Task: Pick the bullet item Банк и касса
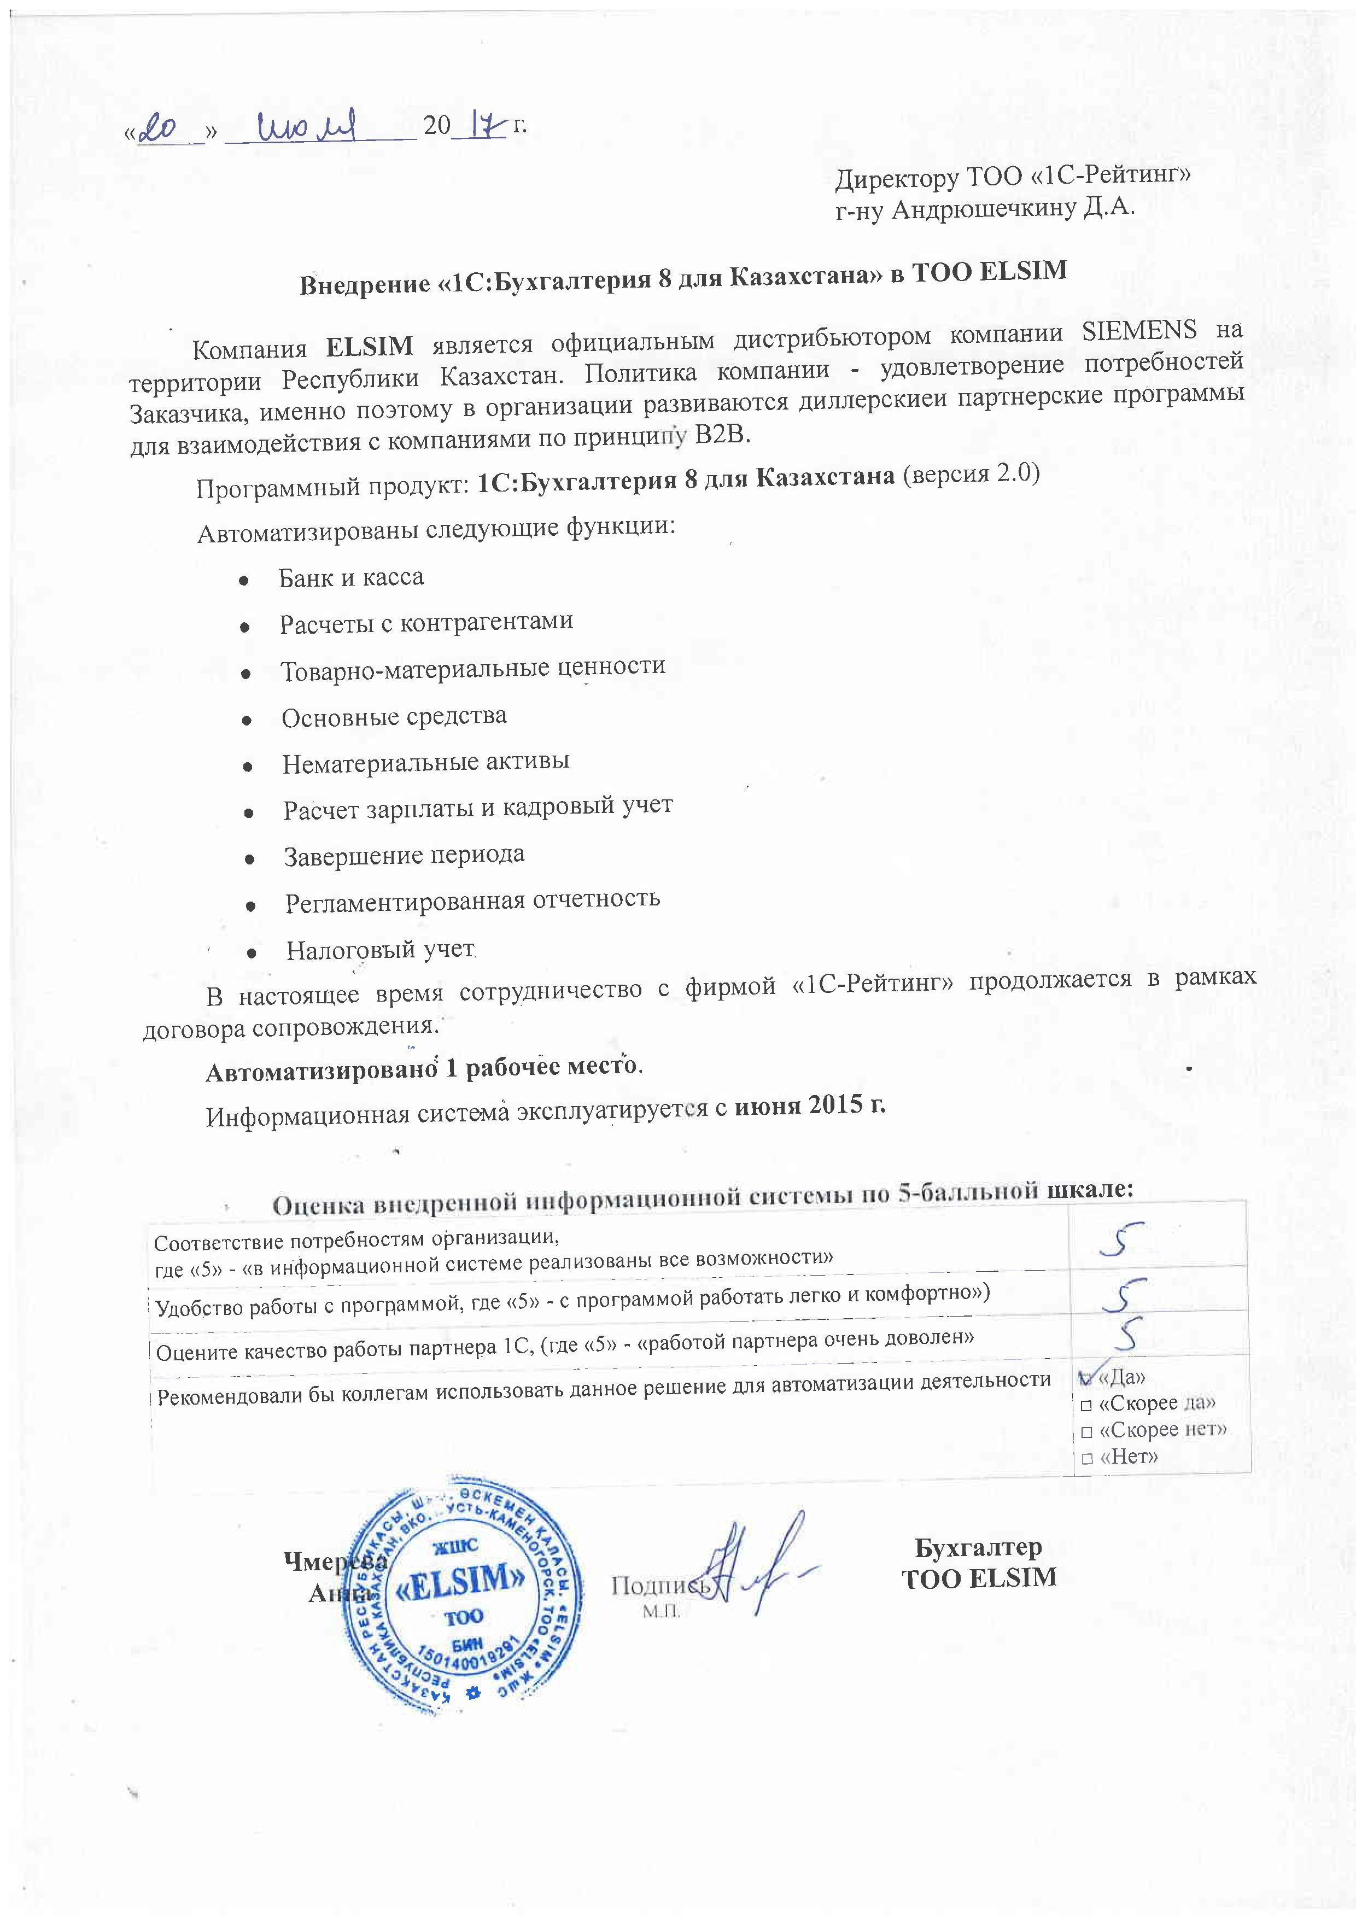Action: click(x=351, y=577)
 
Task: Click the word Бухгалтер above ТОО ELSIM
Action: click(x=978, y=1547)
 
